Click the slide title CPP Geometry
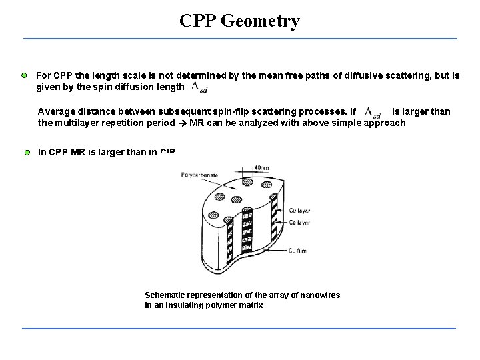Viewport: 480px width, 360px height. tap(239, 21)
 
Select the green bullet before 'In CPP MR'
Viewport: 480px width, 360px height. tap(27, 153)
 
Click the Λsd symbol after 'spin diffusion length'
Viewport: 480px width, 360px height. tap(199, 87)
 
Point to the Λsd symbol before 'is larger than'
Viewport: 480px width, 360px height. tap(373, 112)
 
